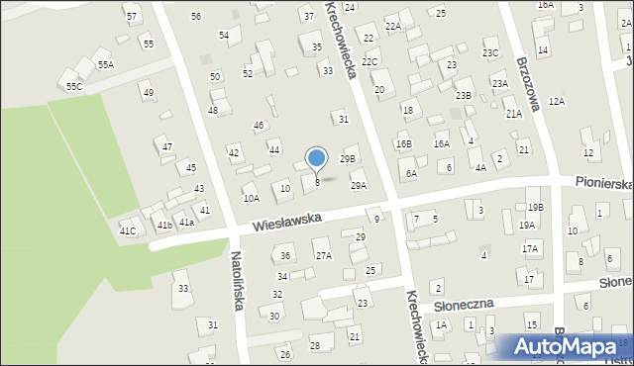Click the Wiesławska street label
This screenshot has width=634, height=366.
pos(287,222)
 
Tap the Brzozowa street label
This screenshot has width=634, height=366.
pos(526,83)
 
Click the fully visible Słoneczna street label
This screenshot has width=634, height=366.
pos(463,303)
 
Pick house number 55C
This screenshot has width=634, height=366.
pos(74,87)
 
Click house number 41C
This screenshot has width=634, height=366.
pos(128,231)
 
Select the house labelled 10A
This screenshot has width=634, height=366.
pos(252,198)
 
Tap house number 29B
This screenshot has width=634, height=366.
pos(347,158)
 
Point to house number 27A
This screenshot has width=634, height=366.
pos(323,256)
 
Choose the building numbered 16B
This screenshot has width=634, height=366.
pos(403,144)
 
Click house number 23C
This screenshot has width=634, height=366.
pos(490,52)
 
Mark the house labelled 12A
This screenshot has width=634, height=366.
pos(557,101)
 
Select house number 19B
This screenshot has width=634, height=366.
pos(535,207)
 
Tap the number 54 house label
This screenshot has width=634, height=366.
pos(224,36)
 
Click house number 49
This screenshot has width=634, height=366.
pos(149,93)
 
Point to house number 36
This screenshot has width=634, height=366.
pos(284,256)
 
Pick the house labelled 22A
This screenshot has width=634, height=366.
pos(393,26)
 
